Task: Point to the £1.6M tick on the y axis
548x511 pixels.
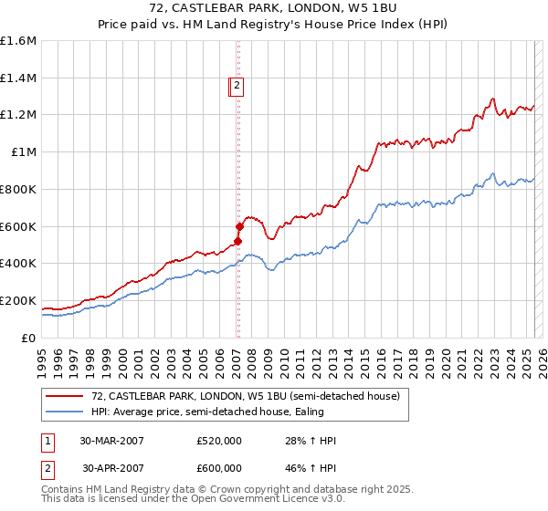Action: (x=18, y=41)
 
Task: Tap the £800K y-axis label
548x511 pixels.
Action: (x=18, y=190)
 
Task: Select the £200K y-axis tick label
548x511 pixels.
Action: (x=18, y=300)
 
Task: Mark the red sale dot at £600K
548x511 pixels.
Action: (x=239, y=226)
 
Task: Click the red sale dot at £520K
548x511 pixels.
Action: (x=238, y=241)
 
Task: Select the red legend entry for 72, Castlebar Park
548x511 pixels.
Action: (x=245, y=396)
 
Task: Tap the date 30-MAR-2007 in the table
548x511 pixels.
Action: (x=113, y=441)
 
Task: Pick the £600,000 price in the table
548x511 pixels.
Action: (x=219, y=468)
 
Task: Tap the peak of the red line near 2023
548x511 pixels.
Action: (x=492, y=99)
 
